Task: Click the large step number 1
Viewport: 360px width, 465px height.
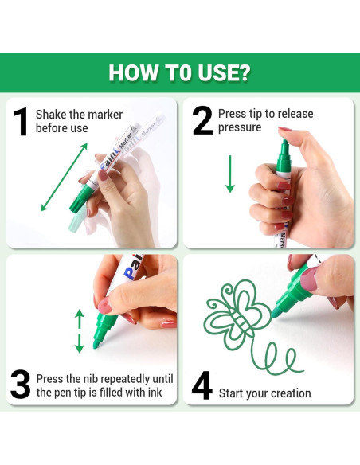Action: [21, 122]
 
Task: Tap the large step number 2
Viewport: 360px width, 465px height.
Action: [202, 121]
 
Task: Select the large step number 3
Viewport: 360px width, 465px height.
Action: [20, 384]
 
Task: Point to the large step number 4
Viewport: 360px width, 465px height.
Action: [202, 385]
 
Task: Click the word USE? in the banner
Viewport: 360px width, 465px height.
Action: [224, 73]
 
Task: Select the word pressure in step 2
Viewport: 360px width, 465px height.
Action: [240, 127]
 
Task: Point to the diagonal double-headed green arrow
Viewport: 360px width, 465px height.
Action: [64, 177]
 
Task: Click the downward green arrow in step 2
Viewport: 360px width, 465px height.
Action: [230, 174]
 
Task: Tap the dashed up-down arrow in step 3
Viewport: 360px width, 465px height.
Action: [79, 331]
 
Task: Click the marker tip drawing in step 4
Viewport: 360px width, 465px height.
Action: [276, 313]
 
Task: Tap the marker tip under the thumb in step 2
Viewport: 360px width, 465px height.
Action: [284, 146]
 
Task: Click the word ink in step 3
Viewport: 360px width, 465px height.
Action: [155, 393]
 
